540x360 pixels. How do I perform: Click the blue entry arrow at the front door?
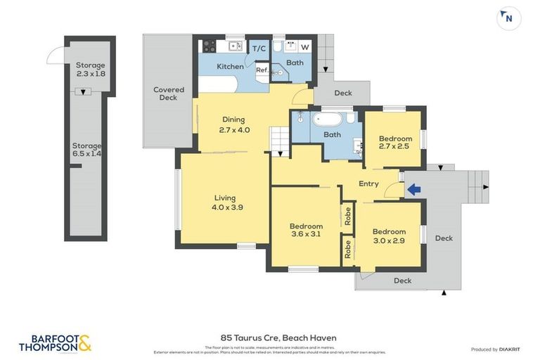pyautogui.click(x=414, y=188)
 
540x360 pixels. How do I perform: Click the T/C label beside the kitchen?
pyautogui.click(x=259, y=48)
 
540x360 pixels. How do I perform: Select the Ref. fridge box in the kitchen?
pyautogui.click(x=262, y=70)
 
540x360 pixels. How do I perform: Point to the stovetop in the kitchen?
pyautogui.click(x=208, y=47)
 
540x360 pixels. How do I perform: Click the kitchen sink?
pyautogui.click(x=236, y=47)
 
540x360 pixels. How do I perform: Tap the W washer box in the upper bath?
pyautogui.click(x=304, y=47)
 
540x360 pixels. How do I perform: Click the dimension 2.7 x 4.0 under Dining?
pyautogui.click(x=233, y=129)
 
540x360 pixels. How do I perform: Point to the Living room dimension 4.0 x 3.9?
pyautogui.click(x=225, y=207)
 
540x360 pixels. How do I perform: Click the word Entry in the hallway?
pyautogui.click(x=368, y=184)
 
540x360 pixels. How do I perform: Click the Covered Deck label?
pyautogui.click(x=169, y=94)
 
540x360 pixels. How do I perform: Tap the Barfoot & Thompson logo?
pyautogui.click(x=55, y=344)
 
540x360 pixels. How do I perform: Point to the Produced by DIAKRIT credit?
pyautogui.click(x=494, y=349)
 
